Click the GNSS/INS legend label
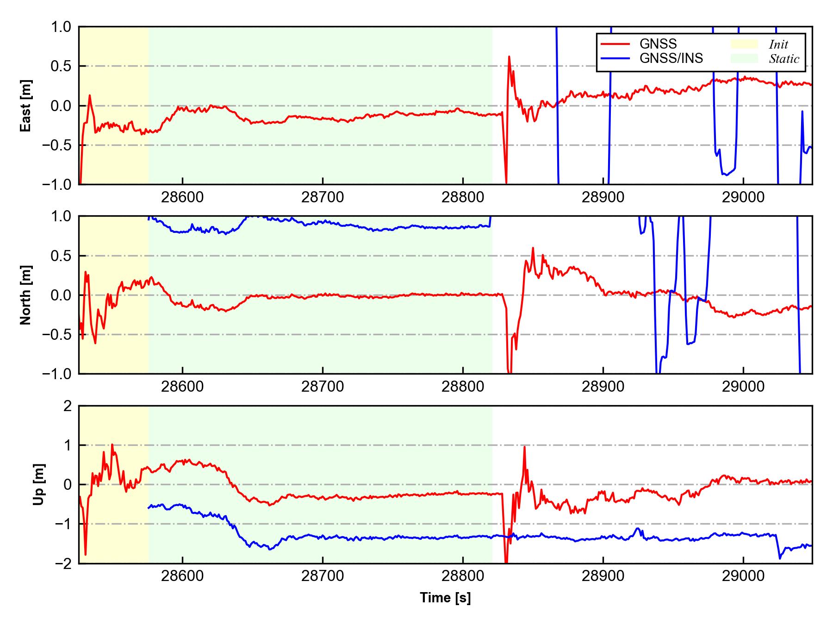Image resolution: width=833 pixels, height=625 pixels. click(x=671, y=58)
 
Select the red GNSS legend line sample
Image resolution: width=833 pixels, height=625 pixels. click(x=615, y=44)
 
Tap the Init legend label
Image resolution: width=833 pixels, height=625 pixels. click(x=778, y=44)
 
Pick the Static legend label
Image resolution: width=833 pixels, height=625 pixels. click(x=784, y=59)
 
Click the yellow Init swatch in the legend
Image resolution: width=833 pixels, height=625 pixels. click(x=744, y=44)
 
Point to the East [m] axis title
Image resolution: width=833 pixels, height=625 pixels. click(x=26, y=106)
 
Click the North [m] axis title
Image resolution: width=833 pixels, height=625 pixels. click(x=26, y=295)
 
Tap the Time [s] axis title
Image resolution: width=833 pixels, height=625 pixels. click(x=445, y=598)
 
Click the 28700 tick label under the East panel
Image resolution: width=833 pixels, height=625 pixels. click(x=323, y=197)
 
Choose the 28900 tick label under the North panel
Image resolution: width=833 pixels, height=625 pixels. click(x=603, y=387)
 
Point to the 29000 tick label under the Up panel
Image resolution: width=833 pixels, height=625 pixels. click(x=743, y=576)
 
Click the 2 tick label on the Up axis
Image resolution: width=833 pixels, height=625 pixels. click(x=68, y=406)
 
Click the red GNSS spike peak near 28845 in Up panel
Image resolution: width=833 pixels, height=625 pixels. click(x=524, y=447)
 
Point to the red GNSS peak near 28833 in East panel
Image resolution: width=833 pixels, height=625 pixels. click(x=509, y=56)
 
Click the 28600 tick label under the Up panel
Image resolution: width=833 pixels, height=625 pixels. click(x=182, y=576)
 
